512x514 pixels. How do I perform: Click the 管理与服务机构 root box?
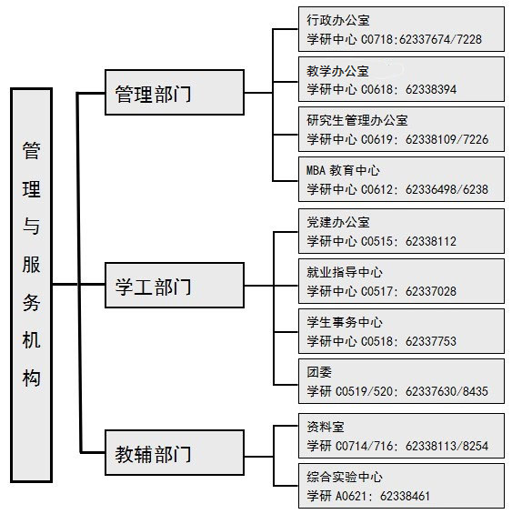coord(32,285)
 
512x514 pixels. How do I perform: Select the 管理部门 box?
coord(175,93)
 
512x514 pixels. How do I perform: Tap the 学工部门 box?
coord(175,285)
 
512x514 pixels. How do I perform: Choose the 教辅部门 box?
coord(175,452)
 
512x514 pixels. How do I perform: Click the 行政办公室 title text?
coord(338,20)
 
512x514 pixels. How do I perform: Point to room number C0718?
coord(377,40)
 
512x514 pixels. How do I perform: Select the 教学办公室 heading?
coord(338,71)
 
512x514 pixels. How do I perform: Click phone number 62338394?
coord(431,89)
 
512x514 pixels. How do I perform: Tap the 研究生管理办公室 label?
coord(357,121)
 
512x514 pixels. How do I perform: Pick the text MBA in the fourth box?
coord(316,170)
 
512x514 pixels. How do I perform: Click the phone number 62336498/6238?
coord(447,189)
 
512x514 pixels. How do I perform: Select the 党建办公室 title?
coord(338,222)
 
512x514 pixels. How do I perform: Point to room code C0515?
coord(377,242)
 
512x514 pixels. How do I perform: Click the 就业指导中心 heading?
coord(345,272)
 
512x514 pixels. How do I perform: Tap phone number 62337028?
coord(431,291)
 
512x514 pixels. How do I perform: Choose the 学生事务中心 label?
coord(345,322)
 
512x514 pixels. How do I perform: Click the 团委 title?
coord(319,372)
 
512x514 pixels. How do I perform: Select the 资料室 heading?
coord(326,427)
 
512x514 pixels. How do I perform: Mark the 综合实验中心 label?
coord(345,477)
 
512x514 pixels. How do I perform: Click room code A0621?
coord(351,496)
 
